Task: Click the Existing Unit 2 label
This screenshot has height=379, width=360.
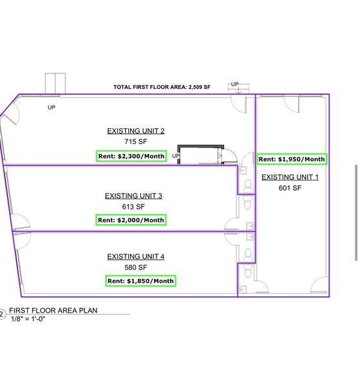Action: (136, 131)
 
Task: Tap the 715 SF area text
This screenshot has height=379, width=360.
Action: (136, 141)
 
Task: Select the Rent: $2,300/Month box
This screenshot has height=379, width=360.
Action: (131, 156)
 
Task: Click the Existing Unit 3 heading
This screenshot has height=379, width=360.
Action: (133, 196)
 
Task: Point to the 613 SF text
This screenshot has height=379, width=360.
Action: (133, 207)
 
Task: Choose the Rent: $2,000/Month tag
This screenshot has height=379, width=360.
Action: (131, 220)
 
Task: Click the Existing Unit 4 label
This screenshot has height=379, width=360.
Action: (136, 257)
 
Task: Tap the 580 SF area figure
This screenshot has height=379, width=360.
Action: (136, 267)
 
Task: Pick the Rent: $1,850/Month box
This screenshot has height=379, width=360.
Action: (140, 281)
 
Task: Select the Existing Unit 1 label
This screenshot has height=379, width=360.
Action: (290, 177)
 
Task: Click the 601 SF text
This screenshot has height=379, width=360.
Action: (290, 188)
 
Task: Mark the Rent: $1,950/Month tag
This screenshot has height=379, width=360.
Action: (292, 159)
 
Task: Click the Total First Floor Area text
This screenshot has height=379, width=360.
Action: (162, 87)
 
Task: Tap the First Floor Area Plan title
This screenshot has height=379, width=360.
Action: (53, 311)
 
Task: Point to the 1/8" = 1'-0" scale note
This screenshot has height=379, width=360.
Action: (28, 319)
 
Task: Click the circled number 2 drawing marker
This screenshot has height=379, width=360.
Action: (1, 315)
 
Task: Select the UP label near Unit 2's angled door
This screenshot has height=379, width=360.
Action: (52, 107)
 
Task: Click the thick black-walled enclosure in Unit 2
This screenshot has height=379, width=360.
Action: (201, 155)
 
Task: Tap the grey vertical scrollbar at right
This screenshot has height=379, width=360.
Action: (356, 213)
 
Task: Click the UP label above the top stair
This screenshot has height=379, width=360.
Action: (234, 84)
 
